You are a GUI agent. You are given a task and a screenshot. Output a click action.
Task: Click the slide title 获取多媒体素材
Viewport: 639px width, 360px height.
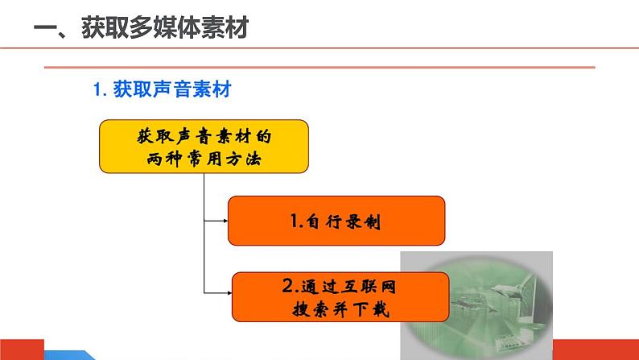[x=164, y=30]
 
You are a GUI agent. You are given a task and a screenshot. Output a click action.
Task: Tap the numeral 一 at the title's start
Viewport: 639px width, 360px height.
[x=48, y=31]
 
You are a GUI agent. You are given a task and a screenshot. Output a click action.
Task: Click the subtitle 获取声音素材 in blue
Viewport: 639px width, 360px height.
[x=173, y=89]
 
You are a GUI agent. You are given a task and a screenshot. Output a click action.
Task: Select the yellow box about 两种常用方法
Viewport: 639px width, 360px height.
[x=204, y=146]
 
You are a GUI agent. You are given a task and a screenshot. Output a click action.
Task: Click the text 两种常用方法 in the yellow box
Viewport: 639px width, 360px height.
[x=204, y=159]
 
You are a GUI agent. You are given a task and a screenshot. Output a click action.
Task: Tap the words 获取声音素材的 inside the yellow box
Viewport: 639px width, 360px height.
[x=204, y=134]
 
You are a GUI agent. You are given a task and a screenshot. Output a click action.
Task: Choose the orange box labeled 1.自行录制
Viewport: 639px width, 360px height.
[x=336, y=220]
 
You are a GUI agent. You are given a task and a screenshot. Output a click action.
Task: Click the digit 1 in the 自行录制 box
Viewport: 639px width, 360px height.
[x=294, y=221]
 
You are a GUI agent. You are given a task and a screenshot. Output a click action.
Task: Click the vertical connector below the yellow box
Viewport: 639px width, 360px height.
[x=204, y=234]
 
